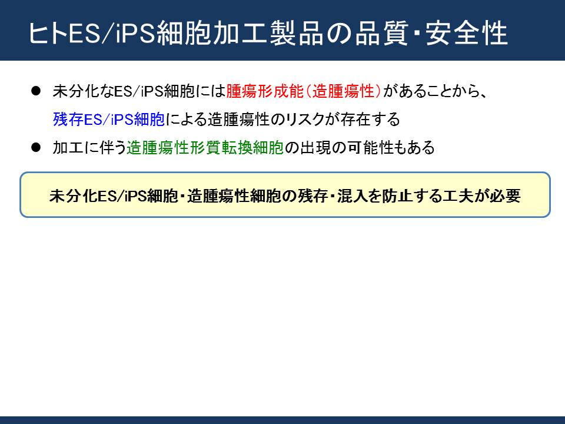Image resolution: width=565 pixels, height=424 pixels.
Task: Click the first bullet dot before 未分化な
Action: click(36, 91)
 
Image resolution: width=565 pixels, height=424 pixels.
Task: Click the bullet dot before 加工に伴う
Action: click(36, 147)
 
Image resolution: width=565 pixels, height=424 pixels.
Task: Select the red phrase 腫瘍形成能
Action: click(265, 91)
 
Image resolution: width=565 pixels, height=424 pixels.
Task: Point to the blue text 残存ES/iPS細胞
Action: click(109, 120)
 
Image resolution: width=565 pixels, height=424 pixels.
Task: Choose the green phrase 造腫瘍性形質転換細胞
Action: click(205, 147)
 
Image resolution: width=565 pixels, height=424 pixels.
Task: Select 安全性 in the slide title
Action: click(467, 33)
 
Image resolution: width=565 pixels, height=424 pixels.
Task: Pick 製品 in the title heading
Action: click(297, 33)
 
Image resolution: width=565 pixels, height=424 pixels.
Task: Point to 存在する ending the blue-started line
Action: click(370, 120)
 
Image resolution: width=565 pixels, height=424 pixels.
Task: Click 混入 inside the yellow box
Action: click(352, 196)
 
